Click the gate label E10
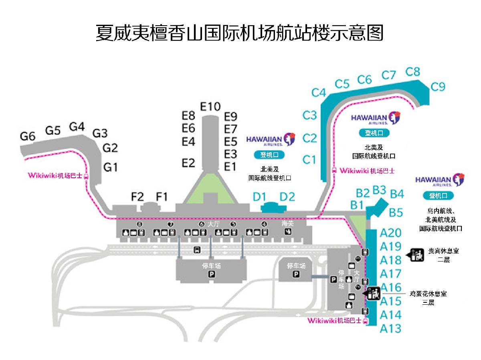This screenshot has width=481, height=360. click(210, 107)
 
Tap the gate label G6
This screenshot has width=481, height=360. click(28, 136)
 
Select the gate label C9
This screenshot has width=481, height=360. click(438, 87)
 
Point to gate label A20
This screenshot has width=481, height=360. click(390, 233)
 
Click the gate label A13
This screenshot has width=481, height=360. click(390, 329)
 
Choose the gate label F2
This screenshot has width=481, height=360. click(137, 197)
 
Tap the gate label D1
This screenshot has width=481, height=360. click(259, 197)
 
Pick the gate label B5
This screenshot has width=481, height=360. click(396, 212)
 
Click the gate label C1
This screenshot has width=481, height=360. click(309, 160)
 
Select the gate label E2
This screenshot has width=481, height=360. click(188, 163)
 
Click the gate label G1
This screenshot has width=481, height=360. click(111, 167)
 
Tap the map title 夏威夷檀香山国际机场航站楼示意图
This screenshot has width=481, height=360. click(240, 33)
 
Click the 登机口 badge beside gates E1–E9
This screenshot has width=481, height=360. click(269, 155)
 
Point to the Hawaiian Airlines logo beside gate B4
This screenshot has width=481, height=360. click(440, 180)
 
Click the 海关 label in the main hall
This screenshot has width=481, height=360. click(287, 223)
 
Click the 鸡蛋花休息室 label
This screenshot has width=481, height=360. click(428, 294)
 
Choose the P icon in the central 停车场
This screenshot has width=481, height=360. click(212, 274)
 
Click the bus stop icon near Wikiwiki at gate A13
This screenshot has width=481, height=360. click(365, 321)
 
